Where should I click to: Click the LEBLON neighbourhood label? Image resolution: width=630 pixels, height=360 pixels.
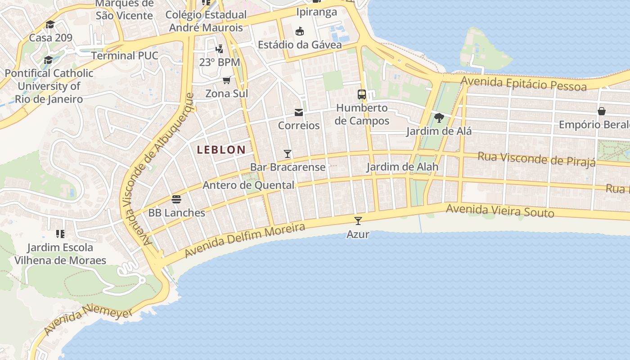coord(221,150)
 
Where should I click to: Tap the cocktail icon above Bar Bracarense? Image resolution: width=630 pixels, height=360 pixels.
coord(288,154)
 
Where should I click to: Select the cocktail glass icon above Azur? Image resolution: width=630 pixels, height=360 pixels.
coord(358,220)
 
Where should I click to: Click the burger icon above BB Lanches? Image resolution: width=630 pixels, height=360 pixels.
coord(176,199)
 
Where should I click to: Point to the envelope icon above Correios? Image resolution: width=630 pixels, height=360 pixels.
coord(299,112)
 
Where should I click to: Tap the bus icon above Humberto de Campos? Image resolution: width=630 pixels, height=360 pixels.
coord(362,94)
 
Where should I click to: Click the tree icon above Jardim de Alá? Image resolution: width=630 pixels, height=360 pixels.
coord(439,118)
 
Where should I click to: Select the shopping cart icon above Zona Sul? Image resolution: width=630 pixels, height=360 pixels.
coord(226,80)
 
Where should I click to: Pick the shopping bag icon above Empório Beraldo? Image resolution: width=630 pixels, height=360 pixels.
coord(601,111)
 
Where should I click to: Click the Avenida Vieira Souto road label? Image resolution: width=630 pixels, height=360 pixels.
coord(499,210)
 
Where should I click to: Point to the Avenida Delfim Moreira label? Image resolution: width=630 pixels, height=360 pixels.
coord(245,240)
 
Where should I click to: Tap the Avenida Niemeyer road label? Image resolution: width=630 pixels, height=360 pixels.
coord(88,320)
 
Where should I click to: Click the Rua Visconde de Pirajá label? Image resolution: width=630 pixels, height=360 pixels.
coord(536,158)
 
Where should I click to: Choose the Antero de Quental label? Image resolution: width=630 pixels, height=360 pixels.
coord(248,185)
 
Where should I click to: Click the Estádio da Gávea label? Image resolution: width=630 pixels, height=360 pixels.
coord(299,45)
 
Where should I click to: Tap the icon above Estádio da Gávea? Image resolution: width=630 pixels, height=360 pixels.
coord(299,31)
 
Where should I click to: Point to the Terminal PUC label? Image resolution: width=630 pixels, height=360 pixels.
coord(125,56)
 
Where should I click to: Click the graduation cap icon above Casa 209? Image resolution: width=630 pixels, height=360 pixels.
coord(50,24)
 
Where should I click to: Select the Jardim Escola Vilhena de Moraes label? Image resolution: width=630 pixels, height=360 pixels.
coord(60,254)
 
